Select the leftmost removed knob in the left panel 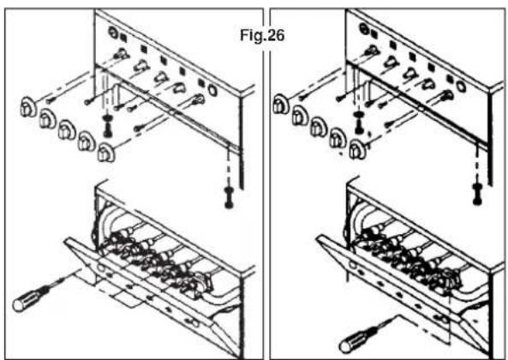[27, 109]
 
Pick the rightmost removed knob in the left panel [106, 153]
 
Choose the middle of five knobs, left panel [66, 134]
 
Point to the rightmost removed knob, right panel [356, 151]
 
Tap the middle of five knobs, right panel [318, 129]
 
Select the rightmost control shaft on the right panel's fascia [445, 96]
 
